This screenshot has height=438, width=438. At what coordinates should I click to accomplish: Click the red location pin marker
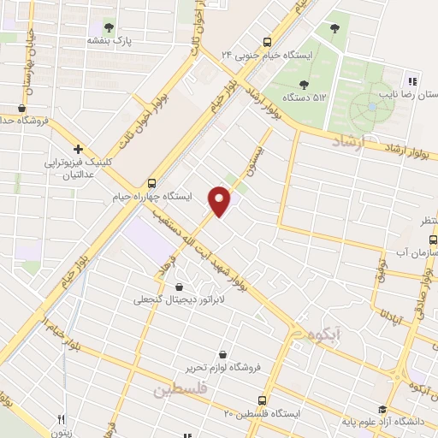click(x=220, y=200)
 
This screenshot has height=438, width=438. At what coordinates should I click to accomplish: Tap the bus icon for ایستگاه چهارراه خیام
click(x=152, y=182)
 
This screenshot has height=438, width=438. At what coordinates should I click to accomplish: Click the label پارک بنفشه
click(x=109, y=40)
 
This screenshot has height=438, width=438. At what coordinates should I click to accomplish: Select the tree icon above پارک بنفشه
click(x=109, y=26)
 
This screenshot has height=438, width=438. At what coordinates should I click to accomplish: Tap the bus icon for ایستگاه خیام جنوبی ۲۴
click(x=268, y=41)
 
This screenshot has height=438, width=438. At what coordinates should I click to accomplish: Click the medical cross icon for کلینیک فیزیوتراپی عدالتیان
click(x=77, y=148)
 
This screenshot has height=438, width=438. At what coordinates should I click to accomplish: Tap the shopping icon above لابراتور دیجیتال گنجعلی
click(x=179, y=287)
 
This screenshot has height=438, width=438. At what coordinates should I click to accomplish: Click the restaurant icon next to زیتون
click(x=60, y=420)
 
